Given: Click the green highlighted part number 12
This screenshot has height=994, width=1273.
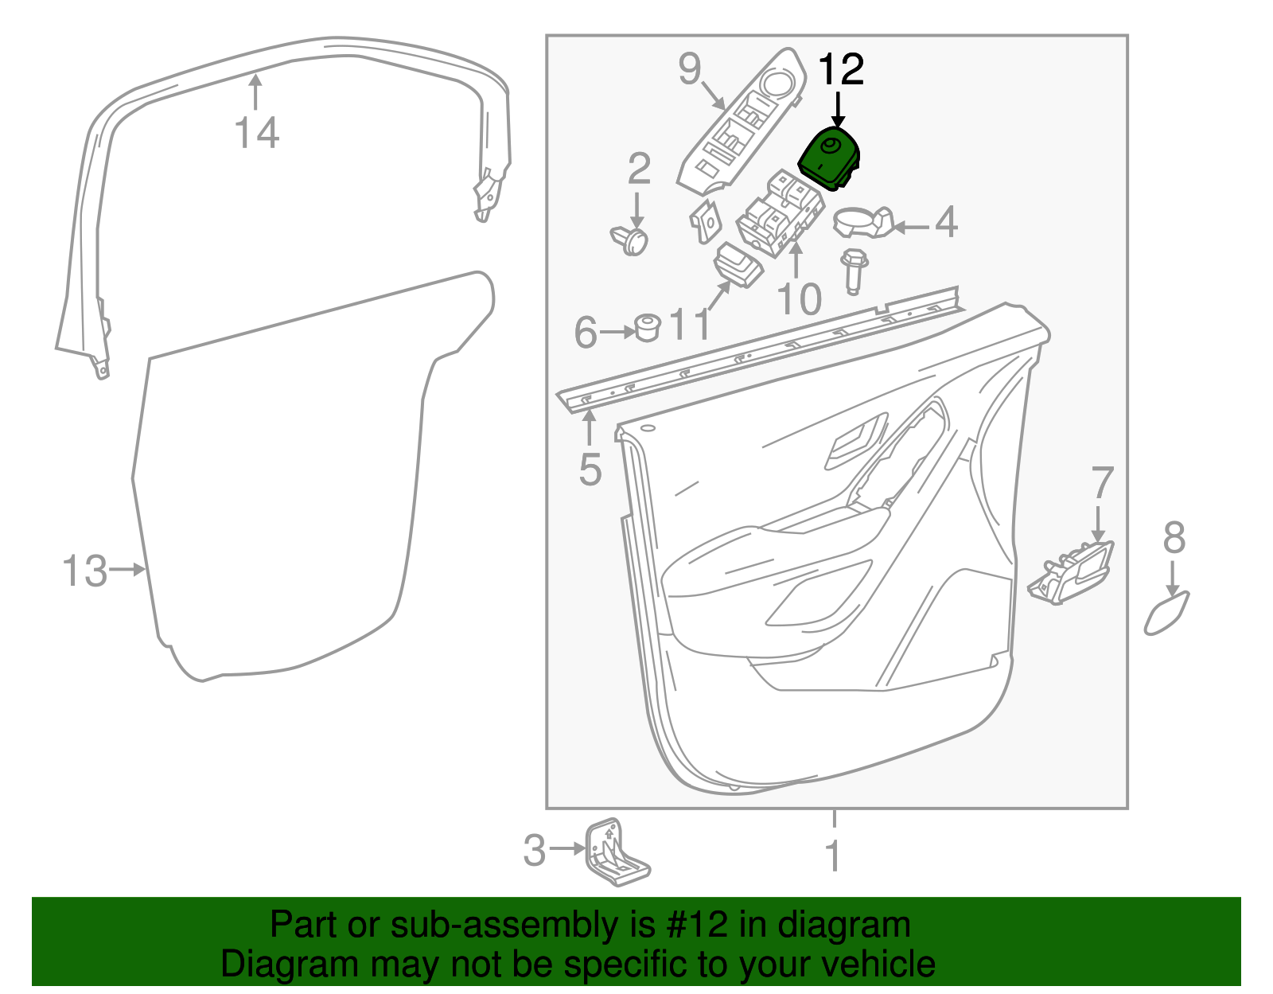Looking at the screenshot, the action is tap(830, 158).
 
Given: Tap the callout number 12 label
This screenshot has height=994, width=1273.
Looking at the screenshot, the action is tap(841, 70).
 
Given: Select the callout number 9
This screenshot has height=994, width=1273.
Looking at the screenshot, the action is tap(690, 68).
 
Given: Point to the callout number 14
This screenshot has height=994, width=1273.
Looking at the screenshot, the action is tap(257, 132).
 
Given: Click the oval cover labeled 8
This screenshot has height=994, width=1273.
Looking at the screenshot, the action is tap(1166, 614).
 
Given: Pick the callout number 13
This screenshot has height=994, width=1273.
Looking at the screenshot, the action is tap(84, 571).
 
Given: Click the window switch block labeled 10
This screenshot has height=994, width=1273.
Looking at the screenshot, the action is tap(781, 214).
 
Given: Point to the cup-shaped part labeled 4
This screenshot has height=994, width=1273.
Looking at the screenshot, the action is tap(863, 223).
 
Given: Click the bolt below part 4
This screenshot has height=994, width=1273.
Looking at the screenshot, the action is tap(854, 271).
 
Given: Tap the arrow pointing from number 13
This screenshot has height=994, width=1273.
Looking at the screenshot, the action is tap(127, 569).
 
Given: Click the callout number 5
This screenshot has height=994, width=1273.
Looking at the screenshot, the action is tap(590, 470).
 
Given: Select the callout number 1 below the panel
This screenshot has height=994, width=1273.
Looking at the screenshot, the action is tap(833, 856).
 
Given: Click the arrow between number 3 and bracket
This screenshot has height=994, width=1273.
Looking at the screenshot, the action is tap(567, 848).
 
